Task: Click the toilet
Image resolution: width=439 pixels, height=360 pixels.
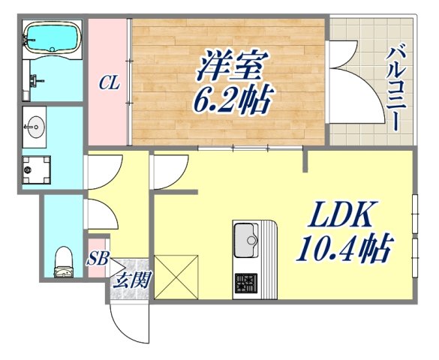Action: tap(64, 259)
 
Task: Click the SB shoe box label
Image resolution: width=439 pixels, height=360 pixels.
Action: tap(98, 260)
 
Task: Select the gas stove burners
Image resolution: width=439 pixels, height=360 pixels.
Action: tap(245, 284)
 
